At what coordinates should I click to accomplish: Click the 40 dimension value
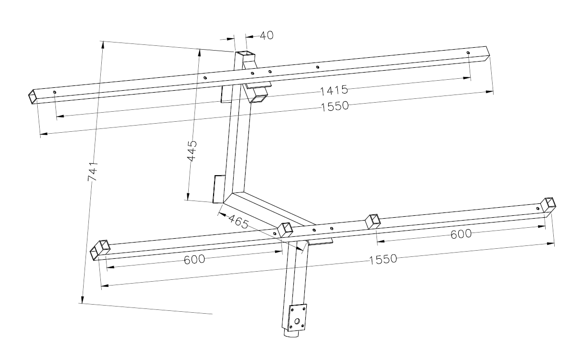267,35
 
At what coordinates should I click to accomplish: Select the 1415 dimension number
334,90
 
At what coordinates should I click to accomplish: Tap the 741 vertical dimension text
93,171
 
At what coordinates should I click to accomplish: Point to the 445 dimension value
192,151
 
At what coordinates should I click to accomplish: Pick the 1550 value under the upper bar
335,106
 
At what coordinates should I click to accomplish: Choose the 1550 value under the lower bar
383,259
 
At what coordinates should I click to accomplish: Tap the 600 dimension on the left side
194,259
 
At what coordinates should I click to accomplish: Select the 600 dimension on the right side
461,234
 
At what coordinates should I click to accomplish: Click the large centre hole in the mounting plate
297,321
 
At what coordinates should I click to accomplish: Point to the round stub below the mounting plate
291,334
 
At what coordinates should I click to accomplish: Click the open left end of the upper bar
32,97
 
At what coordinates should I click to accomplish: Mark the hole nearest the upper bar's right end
468,53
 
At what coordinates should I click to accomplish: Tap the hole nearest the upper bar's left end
54,92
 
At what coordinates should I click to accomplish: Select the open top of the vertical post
245,54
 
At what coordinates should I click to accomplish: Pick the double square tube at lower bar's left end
100,249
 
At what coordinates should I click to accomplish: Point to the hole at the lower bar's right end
538,208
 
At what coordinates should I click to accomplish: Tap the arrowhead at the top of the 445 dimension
199,53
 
